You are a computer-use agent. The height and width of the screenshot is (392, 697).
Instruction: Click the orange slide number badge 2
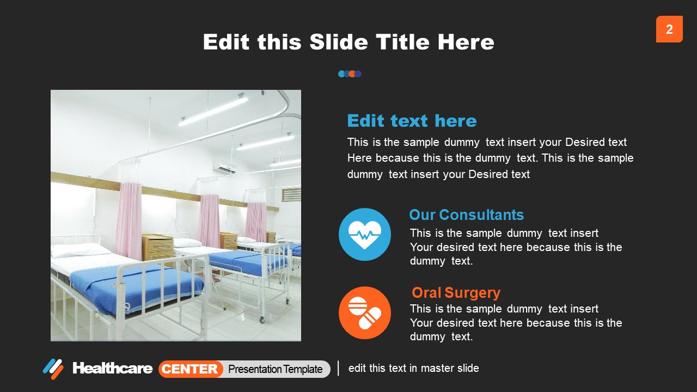tap(669, 29)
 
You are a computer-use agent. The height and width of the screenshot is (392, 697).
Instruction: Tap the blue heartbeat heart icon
tap(365, 234)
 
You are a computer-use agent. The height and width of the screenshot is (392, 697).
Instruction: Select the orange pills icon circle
tap(365, 313)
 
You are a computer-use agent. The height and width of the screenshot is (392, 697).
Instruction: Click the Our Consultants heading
tap(466, 215)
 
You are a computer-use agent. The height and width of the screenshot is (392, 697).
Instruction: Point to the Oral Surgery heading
tap(456, 292)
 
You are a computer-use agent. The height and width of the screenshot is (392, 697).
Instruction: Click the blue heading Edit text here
tap(412, 120)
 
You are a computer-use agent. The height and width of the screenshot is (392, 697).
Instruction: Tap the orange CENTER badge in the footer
tap(191, 369)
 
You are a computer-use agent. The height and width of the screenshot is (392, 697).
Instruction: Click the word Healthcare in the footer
tap(112, 369)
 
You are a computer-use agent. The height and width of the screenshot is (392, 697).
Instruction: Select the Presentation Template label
tap(275, 369)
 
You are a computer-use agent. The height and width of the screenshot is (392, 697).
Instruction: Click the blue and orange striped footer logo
tap(53, 369)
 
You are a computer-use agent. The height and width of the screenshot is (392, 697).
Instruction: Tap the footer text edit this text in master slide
tap(414, 368)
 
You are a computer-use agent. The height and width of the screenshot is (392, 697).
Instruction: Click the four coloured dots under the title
tap(350, 74)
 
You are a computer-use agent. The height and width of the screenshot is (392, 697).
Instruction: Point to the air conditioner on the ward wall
tap(224, 167)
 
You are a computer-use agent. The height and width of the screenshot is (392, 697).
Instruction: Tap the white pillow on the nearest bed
tap(79, 250)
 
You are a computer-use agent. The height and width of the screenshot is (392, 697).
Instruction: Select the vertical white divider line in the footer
tap(338, 368)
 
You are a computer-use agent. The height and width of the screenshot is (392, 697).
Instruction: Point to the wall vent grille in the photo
tap(291, 194)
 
